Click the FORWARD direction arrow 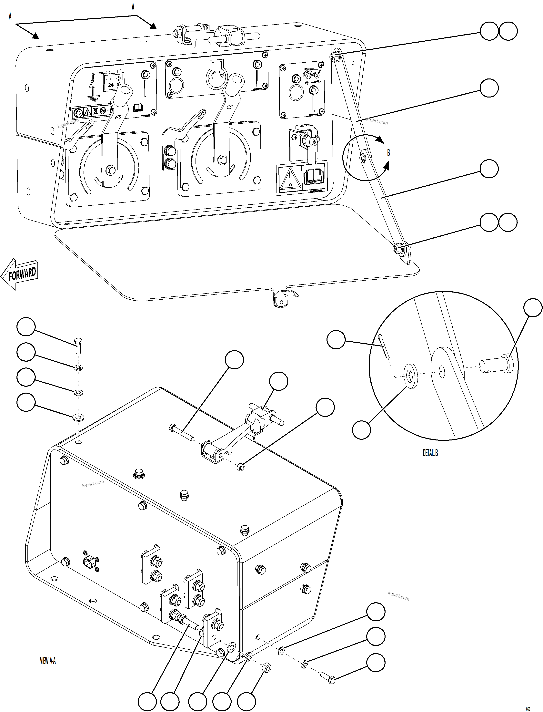click(20, 274)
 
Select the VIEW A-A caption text click(48, 661)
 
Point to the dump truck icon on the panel click(312, 73)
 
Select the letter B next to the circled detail click(388, 153)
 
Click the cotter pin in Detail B click(384, 347)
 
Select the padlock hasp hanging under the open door click(281, 298)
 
